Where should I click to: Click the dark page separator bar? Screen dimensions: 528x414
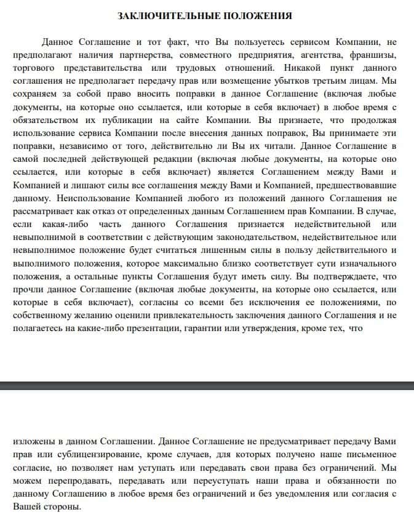point(207,385)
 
